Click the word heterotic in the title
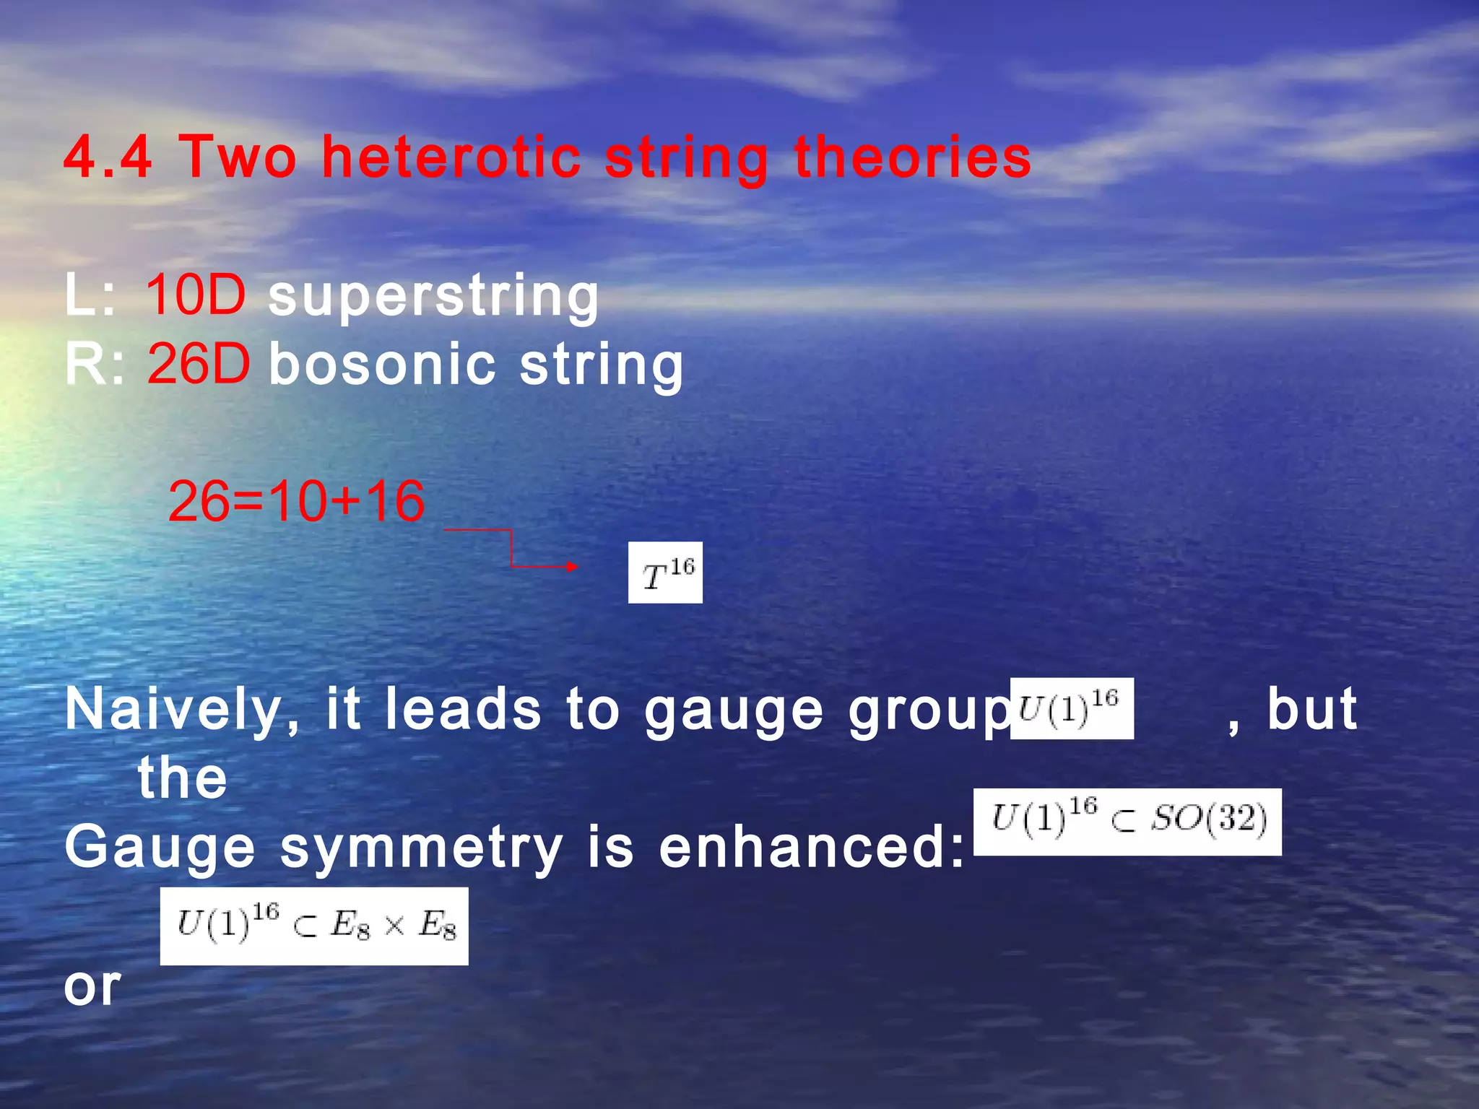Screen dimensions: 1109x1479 click(451, 157)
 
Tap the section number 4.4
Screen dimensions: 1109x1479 click(108, 157)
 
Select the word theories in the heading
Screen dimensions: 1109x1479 click(913, 157)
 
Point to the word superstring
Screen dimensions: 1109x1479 click(433, 296)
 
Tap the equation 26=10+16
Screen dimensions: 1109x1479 click(296, 501)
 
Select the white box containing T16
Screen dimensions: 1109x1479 click(665, 573)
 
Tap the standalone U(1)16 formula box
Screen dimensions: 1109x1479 click(1071, 708)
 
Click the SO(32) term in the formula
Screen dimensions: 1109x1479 click(1210, 819)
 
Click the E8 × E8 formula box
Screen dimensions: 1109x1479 click(314, 926)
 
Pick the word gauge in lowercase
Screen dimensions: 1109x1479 click(733, 711)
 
